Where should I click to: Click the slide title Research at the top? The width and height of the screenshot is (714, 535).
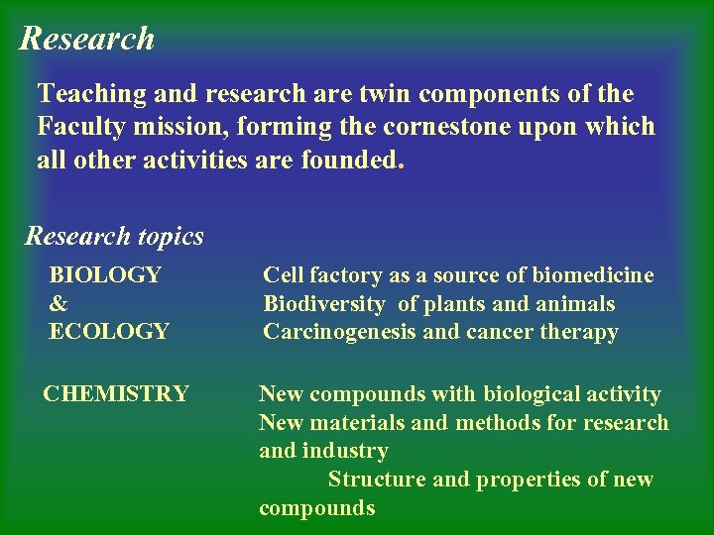[x=87, y=39]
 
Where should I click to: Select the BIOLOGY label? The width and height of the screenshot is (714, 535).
[x=105, y=275]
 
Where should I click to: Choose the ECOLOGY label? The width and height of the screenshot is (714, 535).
[x=109, y=332]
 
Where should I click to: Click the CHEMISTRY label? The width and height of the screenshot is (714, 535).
[x=115, y=394]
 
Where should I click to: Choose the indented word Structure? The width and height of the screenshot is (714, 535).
[x=377, y=480]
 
